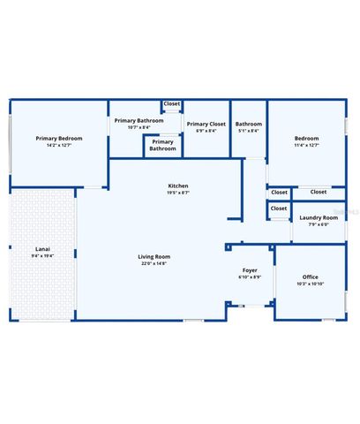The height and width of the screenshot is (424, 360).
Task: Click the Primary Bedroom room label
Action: [60, 138]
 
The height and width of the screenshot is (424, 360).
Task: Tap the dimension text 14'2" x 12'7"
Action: [60, 146]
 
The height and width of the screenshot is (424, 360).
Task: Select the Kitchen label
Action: [178, 185]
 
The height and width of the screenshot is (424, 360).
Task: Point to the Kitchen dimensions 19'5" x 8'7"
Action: [178, 193]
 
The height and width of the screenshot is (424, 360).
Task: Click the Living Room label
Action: [154, 255]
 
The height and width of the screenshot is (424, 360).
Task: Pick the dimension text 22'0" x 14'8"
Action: [154, 263]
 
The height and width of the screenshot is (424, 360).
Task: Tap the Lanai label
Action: [42, 248]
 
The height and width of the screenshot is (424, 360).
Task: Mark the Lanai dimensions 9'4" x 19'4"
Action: [42, 256]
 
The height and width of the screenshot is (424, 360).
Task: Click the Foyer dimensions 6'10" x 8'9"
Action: [251, 277]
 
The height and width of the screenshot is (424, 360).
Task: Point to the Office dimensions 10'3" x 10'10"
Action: [310, 284]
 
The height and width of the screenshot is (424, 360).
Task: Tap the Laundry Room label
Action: [319, 217]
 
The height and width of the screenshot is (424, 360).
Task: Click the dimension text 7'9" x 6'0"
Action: [319, 224]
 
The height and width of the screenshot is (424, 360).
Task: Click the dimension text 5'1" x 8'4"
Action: [249, 132]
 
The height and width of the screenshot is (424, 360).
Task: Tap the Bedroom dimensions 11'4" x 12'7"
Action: [307, 146]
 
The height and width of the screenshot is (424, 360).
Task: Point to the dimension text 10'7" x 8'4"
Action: [139, 127]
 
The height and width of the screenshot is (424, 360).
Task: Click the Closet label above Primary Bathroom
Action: [172, 104]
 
